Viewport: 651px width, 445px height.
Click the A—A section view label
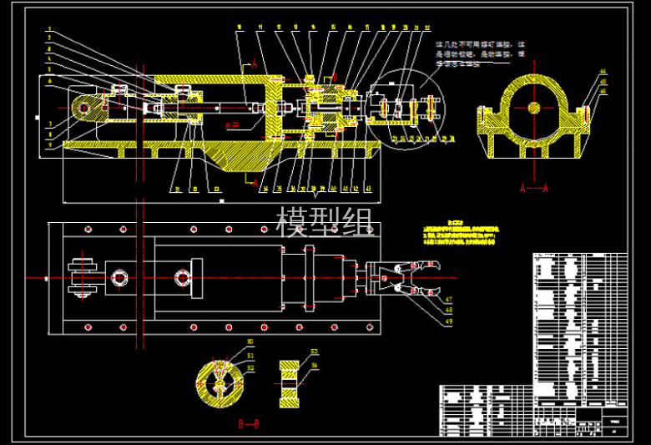pos(533,189)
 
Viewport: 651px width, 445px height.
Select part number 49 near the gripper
pos(447,321)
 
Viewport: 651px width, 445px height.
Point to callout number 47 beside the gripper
pos(447,300)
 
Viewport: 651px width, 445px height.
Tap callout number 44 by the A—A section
pos(603,73)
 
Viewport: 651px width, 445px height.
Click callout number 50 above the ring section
pos(250,343)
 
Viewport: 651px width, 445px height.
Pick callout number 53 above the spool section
pos(314,351)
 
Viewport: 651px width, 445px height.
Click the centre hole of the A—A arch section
pos(534,108)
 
